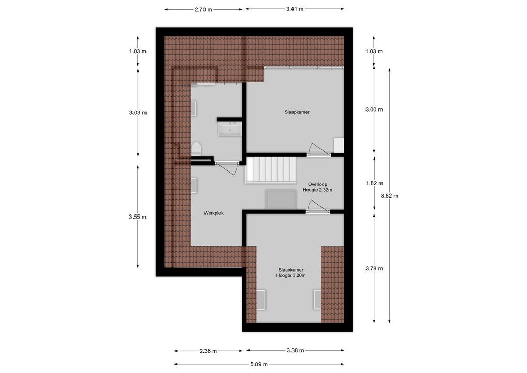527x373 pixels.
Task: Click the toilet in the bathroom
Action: [x=196, y=149]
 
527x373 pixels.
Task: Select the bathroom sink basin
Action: [x=230, y=128]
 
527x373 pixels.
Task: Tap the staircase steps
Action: [x=270, y=169]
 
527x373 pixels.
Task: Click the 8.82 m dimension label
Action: [x=389, y=196]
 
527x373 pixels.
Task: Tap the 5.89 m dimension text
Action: [x=259, y=364]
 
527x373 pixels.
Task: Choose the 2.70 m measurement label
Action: [x=203, y=9]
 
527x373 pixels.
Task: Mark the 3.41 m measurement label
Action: [x=295, y=9]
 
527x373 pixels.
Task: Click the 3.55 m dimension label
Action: [x=138, y=217]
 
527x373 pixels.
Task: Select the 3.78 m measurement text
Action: [x=374, y=268]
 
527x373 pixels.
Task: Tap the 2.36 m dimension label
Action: [x=208, y=351]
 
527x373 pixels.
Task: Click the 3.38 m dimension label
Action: [x=295, y=351]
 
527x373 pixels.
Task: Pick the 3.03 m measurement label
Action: [x=138, y=112]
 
